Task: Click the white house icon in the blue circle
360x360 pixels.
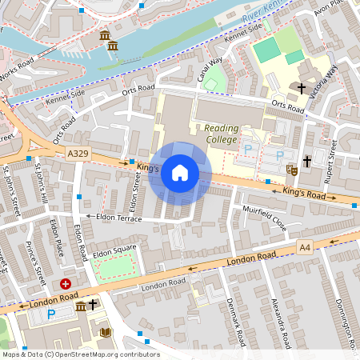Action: pos(180,173)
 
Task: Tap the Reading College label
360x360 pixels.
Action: pos(221,134)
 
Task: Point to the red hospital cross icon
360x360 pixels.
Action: pos(66,283)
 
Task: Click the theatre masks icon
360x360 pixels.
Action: pos(293,170)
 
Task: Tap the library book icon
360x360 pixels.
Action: pos(105,332)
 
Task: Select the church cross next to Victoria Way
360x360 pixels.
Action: pos(302,87)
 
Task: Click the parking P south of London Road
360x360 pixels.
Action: pos(51,314)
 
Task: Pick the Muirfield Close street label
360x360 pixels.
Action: pos(264,217)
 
